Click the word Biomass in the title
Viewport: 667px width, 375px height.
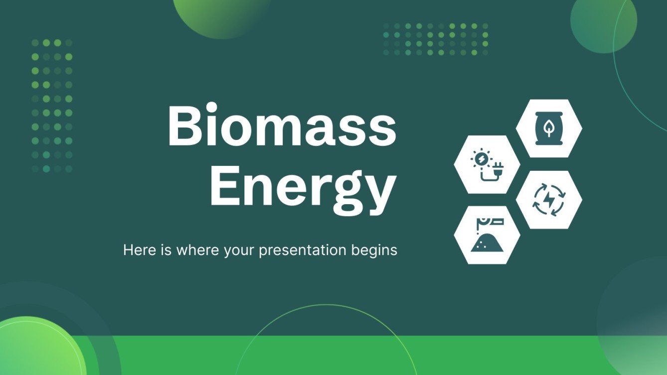point(282,126)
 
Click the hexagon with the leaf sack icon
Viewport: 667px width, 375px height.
point(549,128)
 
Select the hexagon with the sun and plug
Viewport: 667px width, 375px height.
point(487,164)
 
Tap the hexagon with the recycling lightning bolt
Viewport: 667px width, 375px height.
point(549,200)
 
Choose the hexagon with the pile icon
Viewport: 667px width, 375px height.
point(487,235)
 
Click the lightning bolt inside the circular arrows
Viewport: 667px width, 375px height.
point(549,200)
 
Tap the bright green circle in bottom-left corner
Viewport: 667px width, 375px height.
point(35,349)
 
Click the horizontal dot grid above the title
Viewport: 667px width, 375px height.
point(436,39)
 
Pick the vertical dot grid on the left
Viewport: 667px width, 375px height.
point(52,106)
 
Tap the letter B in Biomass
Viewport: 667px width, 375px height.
point(185,126)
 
